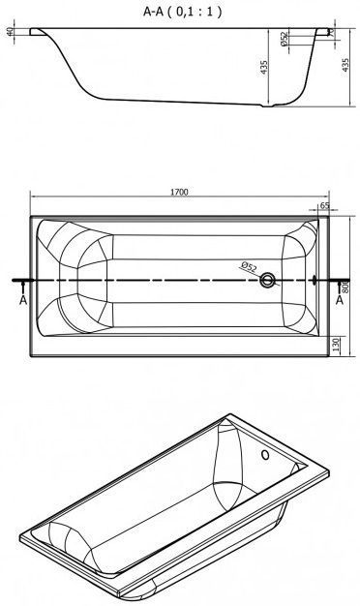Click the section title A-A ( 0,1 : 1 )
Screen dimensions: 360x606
click(x=182, y=12)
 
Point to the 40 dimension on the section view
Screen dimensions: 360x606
click(x=11, y=32)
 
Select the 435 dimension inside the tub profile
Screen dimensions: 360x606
click(x=264, y=67)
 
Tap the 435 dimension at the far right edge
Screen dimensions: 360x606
click(x=345, y=66)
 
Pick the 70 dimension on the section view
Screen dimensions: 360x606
click(x=333, y=34)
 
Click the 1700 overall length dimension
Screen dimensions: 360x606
click(x=179, y=192)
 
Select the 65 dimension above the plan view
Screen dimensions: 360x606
click(x=325, y=205)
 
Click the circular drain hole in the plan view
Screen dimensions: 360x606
click(x=267, y=280)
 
